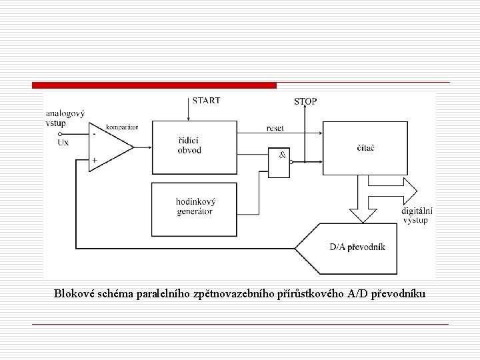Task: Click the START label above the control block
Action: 207,101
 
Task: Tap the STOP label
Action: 305,102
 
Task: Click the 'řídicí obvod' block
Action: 189,146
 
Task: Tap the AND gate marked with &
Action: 279,162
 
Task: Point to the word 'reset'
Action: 275,127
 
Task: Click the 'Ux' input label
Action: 63,142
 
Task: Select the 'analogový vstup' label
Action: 65,119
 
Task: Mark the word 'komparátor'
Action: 121,126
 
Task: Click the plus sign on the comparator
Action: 95,160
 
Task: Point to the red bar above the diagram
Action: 154,85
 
